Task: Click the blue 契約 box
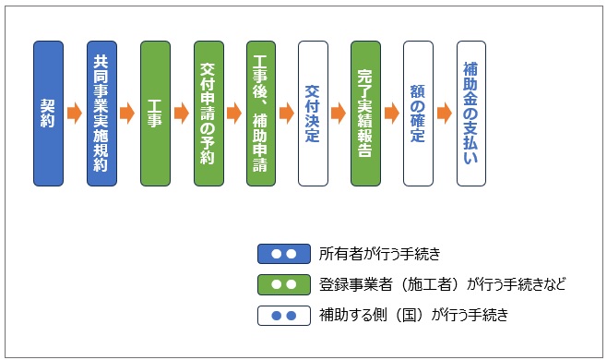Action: (48, 113)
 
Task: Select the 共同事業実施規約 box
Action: (101, 113)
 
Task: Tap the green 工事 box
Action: (155, 113)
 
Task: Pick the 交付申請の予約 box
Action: (208, 113)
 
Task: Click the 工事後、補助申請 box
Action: (261, 113)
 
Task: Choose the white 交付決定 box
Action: (313, 113)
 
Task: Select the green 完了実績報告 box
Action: (365, 113)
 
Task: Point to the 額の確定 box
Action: (418, 113)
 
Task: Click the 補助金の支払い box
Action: (471, 113)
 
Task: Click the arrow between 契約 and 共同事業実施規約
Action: (75, 113)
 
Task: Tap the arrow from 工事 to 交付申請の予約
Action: (182, 113)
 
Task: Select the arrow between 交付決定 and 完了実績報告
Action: (339, 113)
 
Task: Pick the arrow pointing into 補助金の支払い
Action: (445, 113)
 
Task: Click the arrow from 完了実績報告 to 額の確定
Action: (392, 113)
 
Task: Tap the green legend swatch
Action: (283, 285)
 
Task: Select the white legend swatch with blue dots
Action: (283, 317)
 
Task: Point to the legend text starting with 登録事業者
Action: (442, 285)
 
